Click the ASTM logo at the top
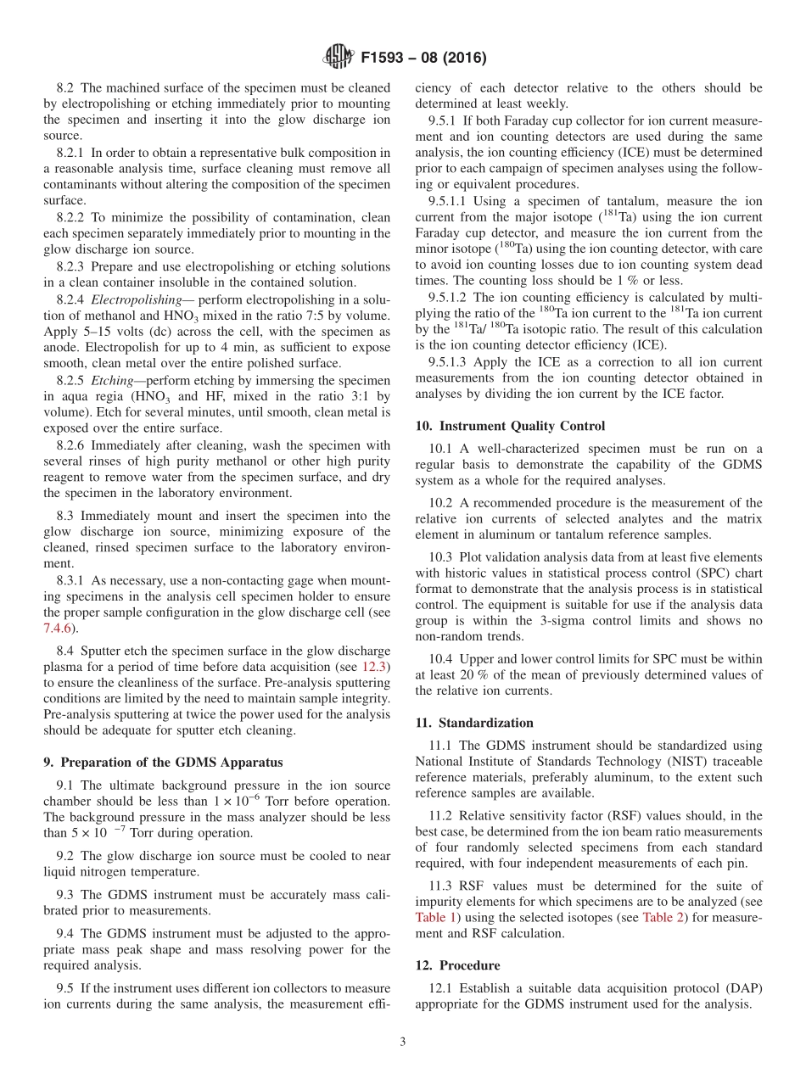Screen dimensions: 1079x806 click(339, 58)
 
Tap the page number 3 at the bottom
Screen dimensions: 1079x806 click(403, 1043)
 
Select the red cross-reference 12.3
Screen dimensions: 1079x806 click(374, 667)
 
